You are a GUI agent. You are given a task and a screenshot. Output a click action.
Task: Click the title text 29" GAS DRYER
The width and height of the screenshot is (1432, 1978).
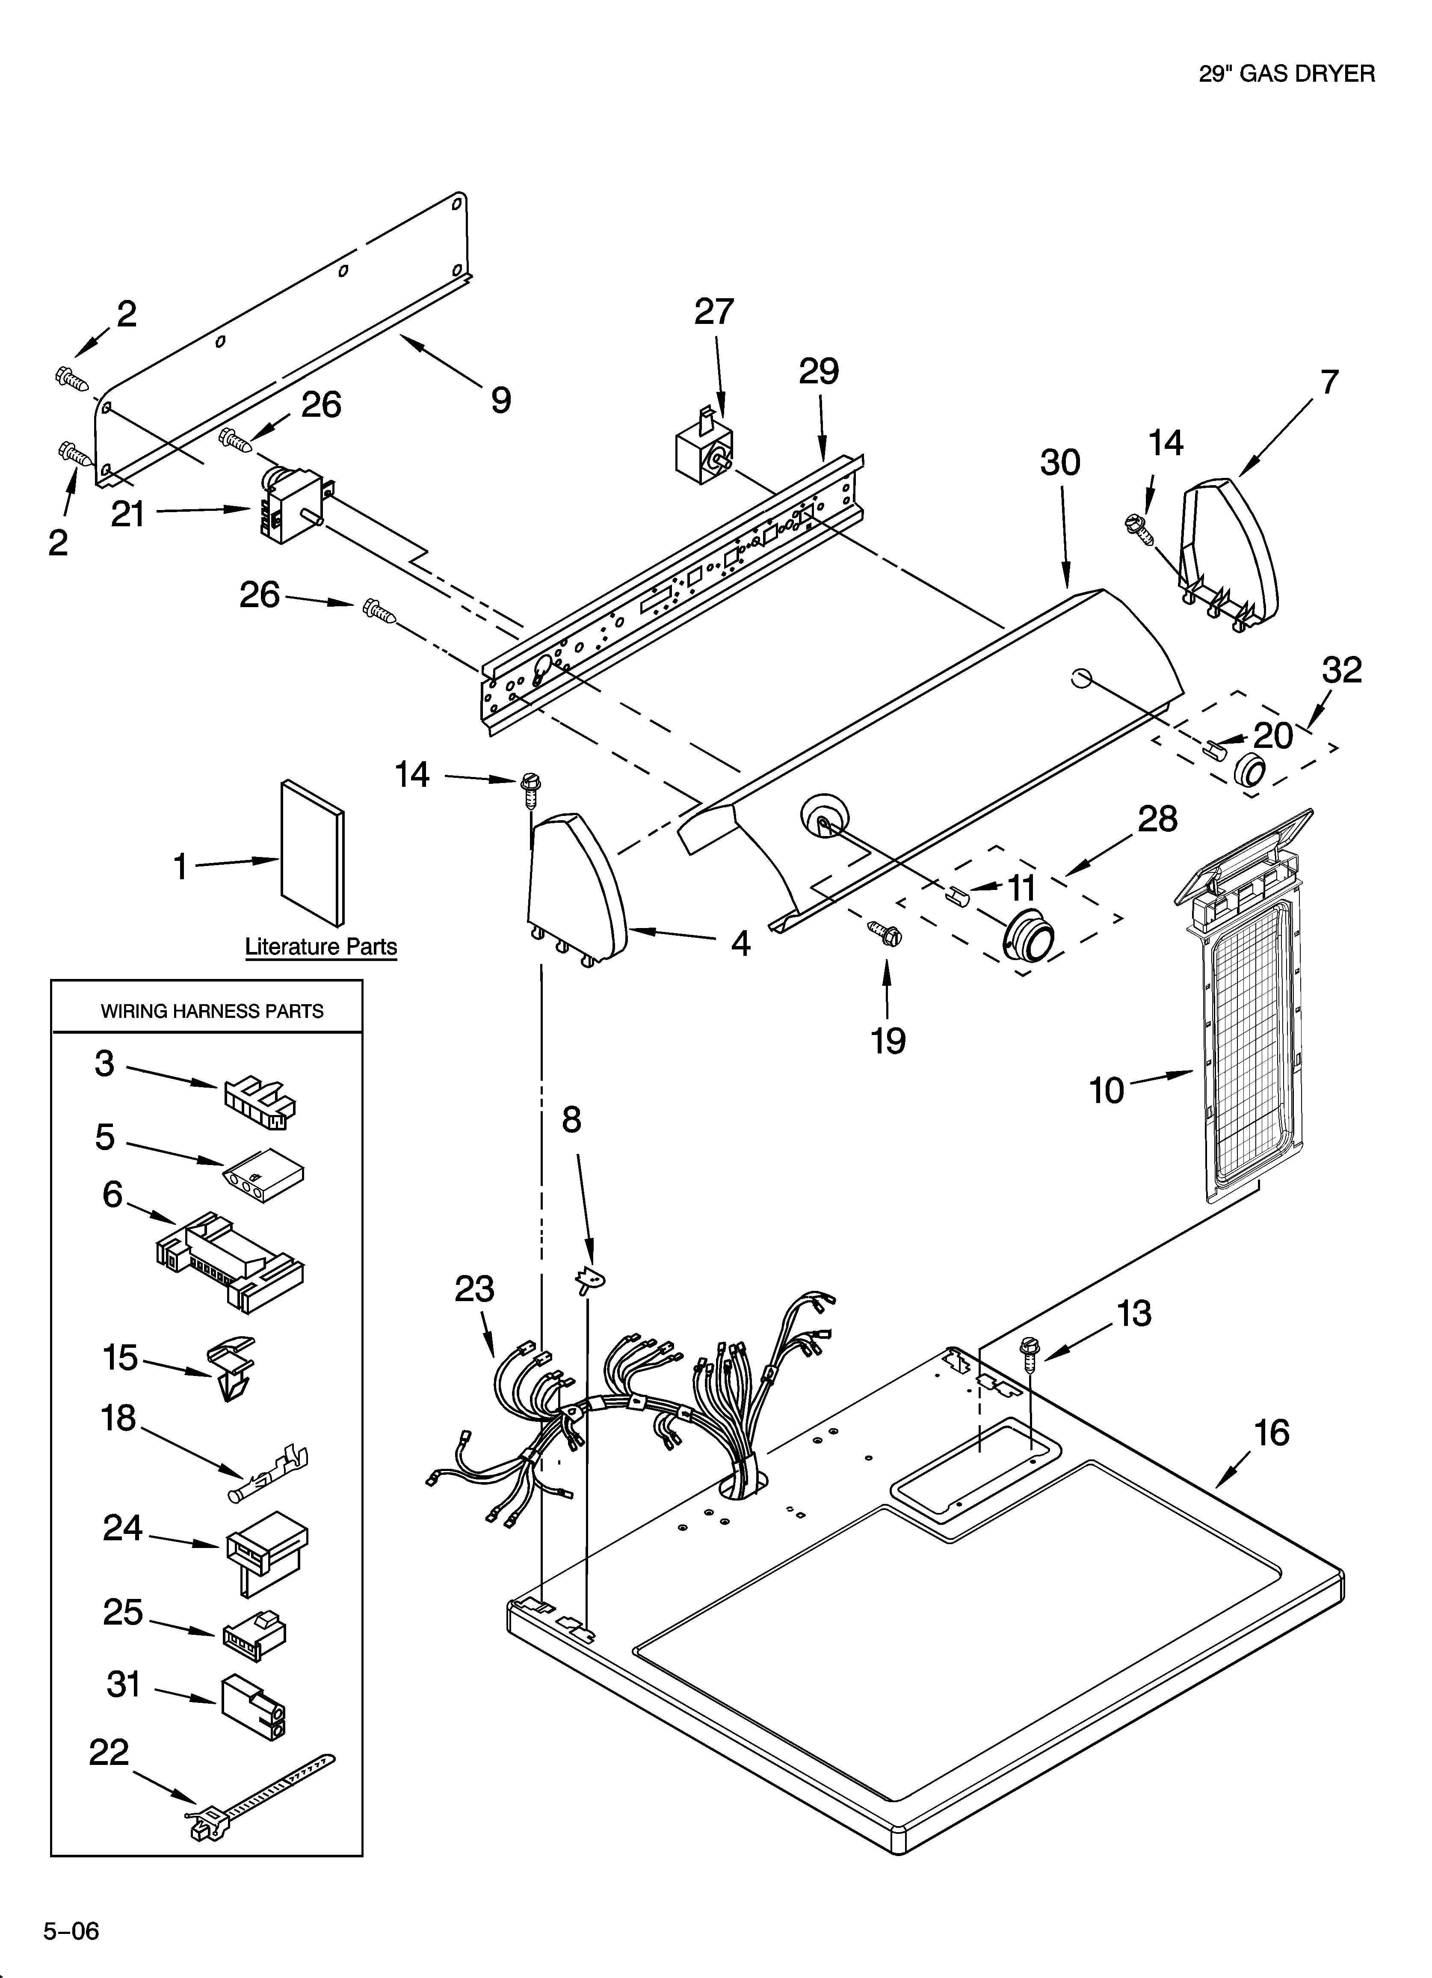pos(1286,74)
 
